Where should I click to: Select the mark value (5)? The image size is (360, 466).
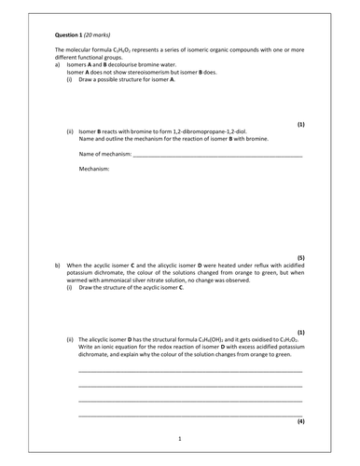click(300, 255)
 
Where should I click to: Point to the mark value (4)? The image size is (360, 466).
click(300, 421)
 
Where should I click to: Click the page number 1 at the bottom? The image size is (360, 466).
click(179, 438)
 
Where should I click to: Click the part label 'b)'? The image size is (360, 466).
click(58, 265)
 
